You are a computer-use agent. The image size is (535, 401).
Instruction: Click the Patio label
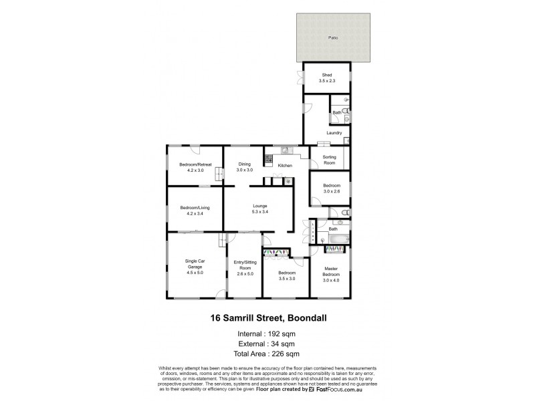pos(332,37)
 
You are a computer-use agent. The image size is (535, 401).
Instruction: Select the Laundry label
pos(334,133)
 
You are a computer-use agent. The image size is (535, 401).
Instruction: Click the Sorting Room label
pos(330,160)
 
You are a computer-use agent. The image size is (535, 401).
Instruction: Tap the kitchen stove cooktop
pos(269,160)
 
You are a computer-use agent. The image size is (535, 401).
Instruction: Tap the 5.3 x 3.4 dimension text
pos(260,212)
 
